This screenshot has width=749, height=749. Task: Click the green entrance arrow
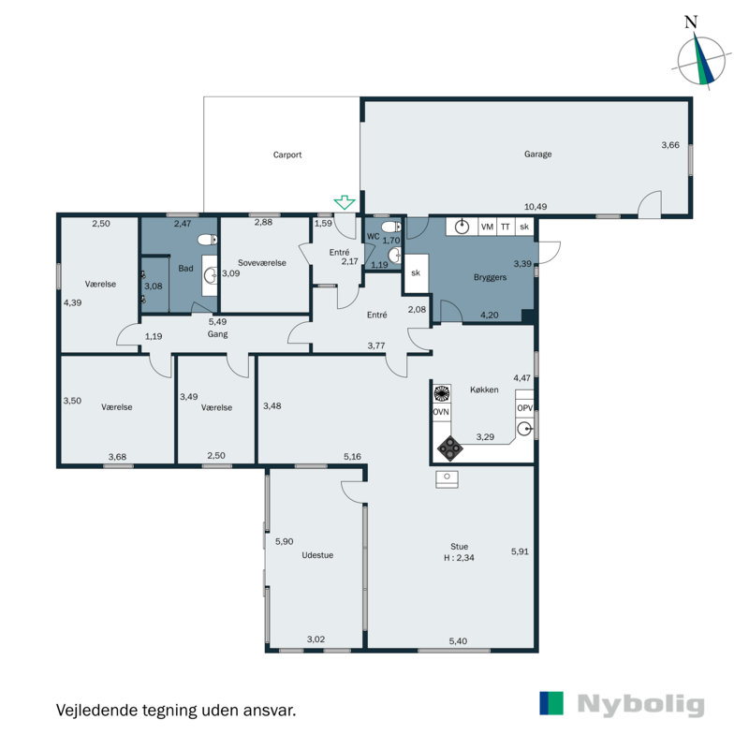(344, 202)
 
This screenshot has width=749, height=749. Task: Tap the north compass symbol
(700, 58)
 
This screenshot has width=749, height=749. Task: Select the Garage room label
(537, 154)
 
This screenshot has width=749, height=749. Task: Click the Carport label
(287, 154)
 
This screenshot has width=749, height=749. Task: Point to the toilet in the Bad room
(207, 240)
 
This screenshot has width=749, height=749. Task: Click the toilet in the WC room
(391, 226)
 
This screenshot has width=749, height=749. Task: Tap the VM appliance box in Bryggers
(487, 227)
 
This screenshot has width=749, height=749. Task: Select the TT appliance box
(506, 227)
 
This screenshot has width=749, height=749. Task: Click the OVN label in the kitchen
(440, 412)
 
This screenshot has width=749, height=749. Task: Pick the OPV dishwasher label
(524, 408)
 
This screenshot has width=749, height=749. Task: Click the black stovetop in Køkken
(450, 448)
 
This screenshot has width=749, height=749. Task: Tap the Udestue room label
(317, 555)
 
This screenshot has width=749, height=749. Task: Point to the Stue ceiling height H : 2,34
(459, 557)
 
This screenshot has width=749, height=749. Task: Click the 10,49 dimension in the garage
(536, 206)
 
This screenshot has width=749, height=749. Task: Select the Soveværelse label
(262, 263)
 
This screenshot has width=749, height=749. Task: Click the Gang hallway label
(217, 334)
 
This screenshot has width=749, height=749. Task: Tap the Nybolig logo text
(640, 706)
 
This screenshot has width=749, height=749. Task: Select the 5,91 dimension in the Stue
(520, 551)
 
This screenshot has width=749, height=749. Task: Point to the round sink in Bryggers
(462, 227)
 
